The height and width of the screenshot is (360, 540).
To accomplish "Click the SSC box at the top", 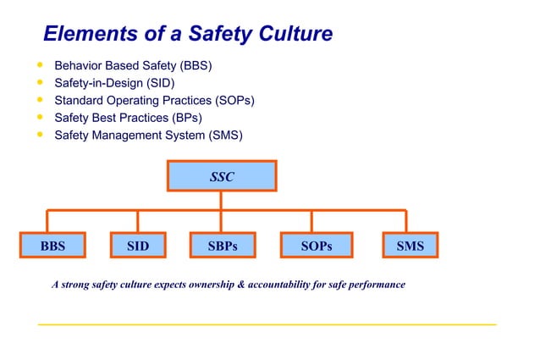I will (x=222, y=177).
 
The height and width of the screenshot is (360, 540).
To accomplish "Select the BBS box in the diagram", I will (x=47, y=246).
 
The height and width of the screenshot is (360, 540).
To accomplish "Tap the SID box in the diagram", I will (x=138, y=246).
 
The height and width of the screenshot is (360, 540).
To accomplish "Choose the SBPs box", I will (x=222, y=246).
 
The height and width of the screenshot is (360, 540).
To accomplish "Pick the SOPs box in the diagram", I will (x=317, y=246).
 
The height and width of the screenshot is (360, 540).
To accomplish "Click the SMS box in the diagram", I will (x=411, y=246).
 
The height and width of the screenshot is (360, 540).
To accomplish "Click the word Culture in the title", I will (x=289, y=34).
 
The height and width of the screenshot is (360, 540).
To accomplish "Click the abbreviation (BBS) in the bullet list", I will (x=195, y=66).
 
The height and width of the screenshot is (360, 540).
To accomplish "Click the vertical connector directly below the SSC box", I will (x=221, y=200).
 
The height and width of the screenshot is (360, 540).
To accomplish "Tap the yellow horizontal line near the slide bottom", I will (x=267, y=324).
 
